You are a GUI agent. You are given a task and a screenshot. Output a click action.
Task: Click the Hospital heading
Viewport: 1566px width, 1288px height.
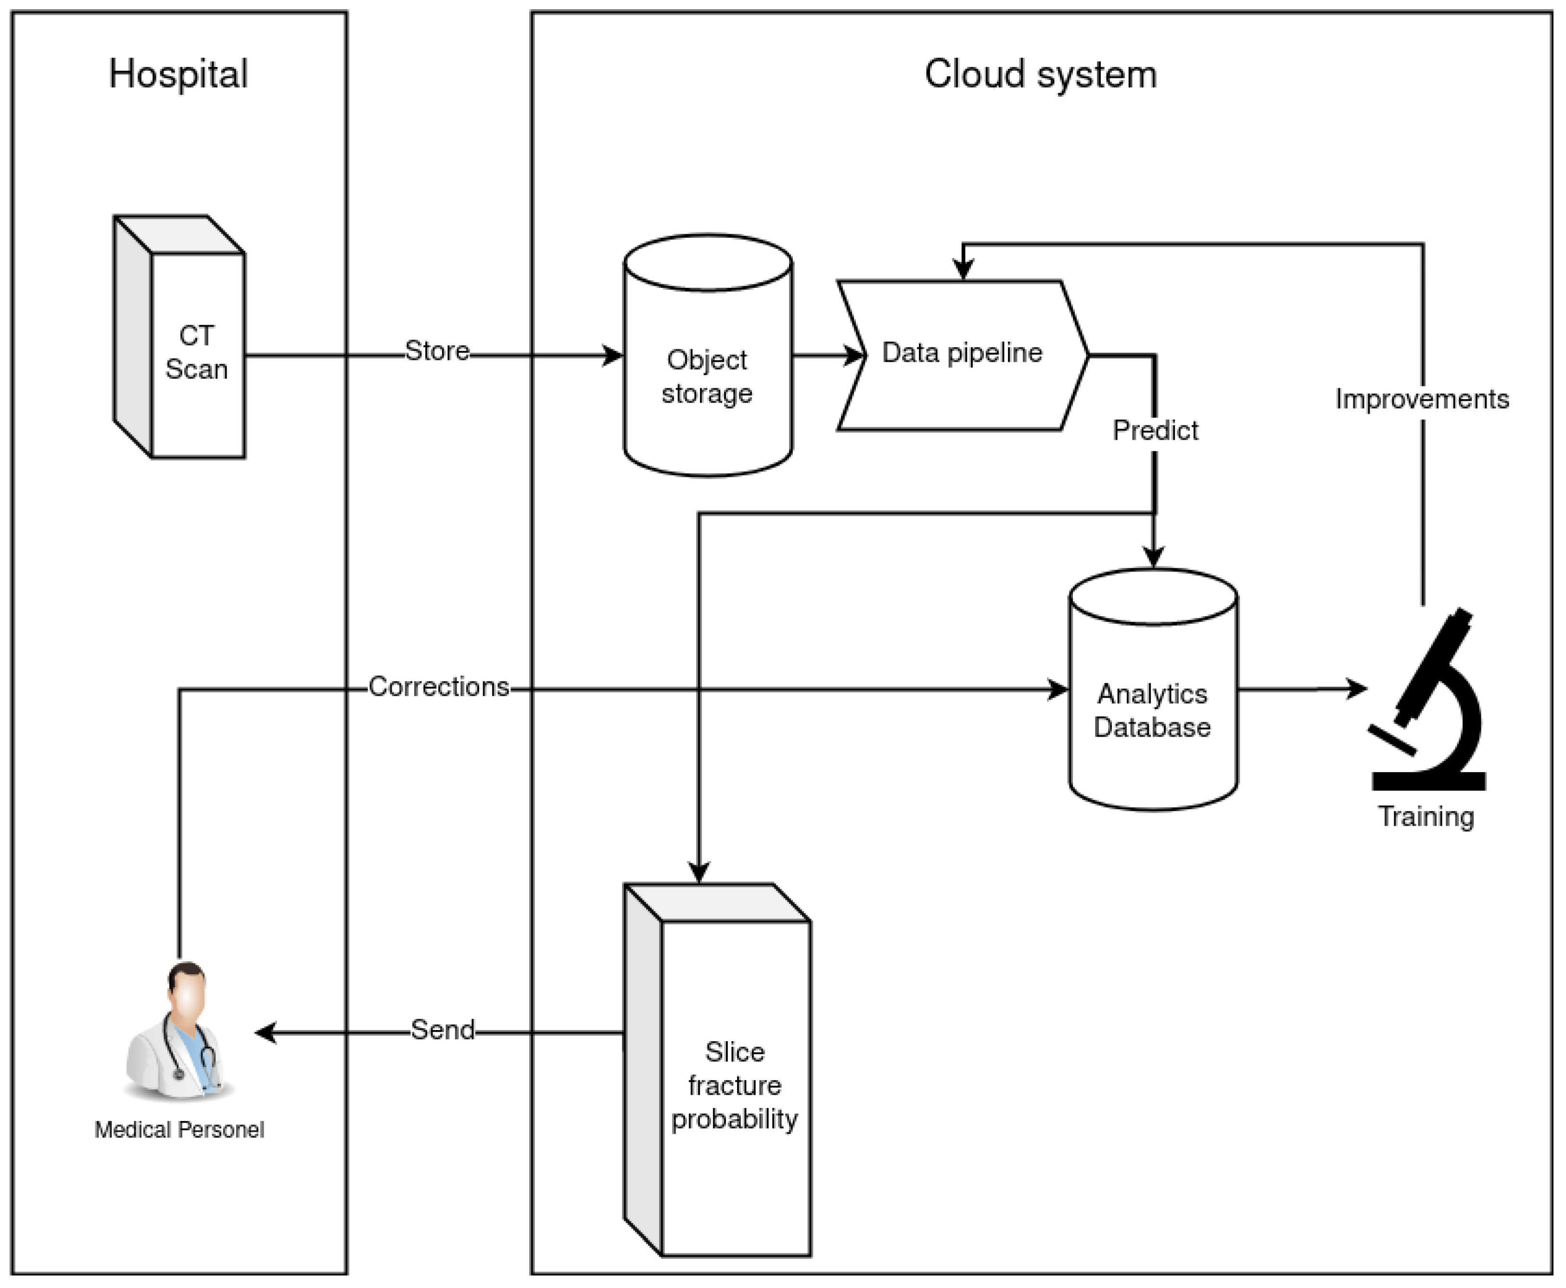pyautogui.click(x=178, y=74)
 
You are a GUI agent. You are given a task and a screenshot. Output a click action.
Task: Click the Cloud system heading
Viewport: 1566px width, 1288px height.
pyautogui.click(x=1040, y=74)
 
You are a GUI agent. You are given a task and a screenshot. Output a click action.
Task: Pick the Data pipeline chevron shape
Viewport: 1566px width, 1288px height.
pyautogui.click(x=962, y=354)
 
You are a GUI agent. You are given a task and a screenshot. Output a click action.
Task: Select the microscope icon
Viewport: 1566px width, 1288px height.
pyautogui.click(x=1428, y=701)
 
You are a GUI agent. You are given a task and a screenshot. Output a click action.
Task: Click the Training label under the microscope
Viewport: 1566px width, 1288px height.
pyautogui.click(x=1426, y=817)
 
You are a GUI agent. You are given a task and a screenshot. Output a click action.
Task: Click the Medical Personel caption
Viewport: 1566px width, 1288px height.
pyautogui.click(x=179, y=1130)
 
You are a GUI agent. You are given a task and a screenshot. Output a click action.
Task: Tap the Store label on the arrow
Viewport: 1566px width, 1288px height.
pyautogui.click(x=437, y=351)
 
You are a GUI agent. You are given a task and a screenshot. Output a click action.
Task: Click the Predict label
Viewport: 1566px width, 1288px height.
pyautogui.click(x=1155, y=430)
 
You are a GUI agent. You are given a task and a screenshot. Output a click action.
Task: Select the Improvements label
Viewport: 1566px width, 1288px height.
pyautogui.click(x=1421, y=399)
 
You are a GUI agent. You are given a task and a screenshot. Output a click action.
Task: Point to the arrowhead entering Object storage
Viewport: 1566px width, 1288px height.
pyautogui.click(x=613, y=356)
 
